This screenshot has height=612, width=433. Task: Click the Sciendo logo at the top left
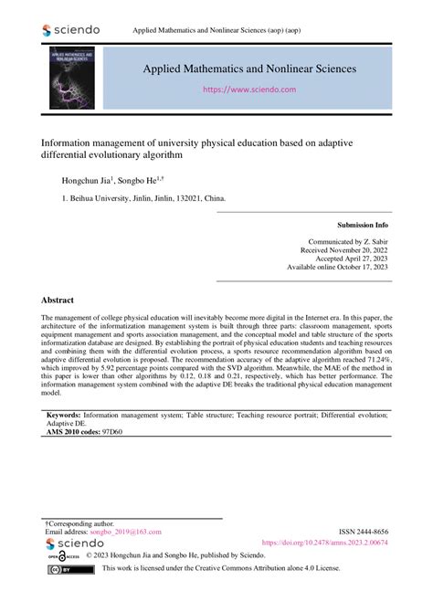coord(72,30)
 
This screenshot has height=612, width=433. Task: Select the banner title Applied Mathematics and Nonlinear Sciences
coord(248,69)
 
